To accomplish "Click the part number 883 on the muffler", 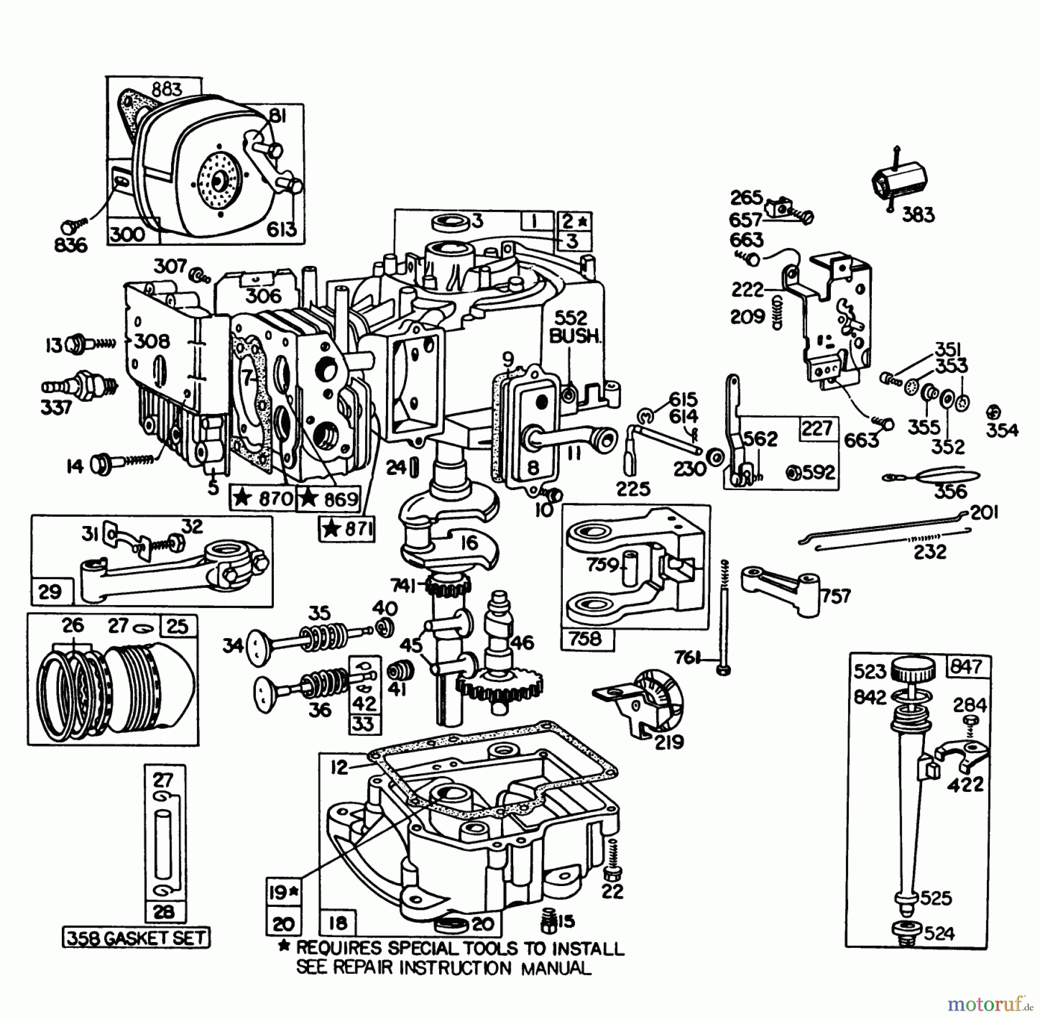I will click(167, 90).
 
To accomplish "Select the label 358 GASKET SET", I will click(136, 938).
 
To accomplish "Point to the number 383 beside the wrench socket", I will click(918, 215).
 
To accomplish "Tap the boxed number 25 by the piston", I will click(177, 627).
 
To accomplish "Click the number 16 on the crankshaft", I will click(470, 543).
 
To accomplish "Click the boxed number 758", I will click(585, 639).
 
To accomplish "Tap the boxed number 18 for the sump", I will click(338, 923).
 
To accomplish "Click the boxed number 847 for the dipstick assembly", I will click(966, 667).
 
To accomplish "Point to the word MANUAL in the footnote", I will click(556, 969).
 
